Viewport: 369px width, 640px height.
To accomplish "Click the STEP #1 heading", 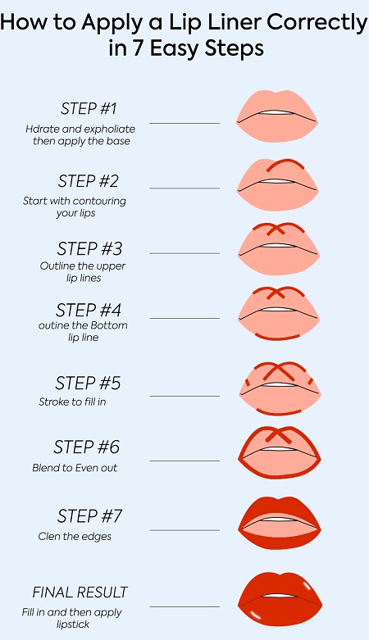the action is tap(89, 108).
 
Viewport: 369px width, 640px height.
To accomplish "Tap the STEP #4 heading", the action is tap(89, 311).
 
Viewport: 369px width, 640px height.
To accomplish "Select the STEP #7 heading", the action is tap(89, 516).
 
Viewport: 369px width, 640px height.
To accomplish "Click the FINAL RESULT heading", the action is tap(80, 592).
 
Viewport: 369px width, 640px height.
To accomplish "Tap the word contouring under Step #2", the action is tap(99, 201).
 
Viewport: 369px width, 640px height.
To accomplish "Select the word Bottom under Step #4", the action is tap(112, 325).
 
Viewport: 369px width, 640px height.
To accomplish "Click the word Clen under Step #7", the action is tap(47, 536).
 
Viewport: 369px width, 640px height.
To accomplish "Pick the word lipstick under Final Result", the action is tap(73, 624).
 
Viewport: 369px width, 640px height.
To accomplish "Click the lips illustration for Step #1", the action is tap(276, 116).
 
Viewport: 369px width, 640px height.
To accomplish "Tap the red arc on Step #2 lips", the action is tap(285, 164).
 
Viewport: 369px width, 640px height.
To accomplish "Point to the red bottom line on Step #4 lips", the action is tap(278, 338).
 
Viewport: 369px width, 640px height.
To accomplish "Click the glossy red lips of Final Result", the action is tap(280, 598).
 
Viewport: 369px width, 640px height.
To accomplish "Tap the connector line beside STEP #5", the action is tap(184, 396).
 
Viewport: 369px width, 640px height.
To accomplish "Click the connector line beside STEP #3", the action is tap(184, 253).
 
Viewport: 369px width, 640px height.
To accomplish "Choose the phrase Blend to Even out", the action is tap(75, 467).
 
